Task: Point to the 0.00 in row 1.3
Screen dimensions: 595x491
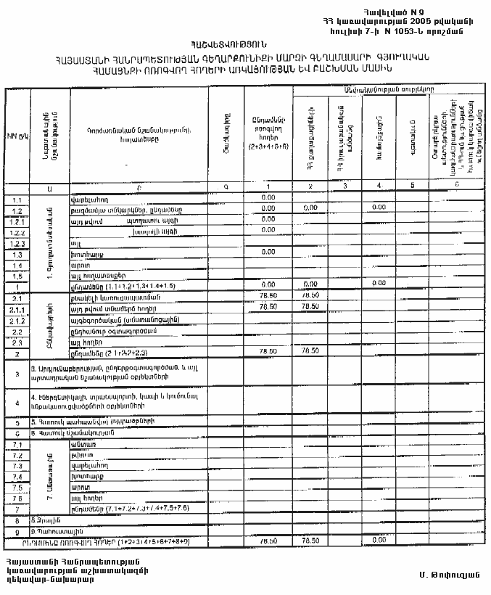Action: (x=268, y=253)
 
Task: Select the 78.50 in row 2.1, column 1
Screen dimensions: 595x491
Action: (x=268, y=296)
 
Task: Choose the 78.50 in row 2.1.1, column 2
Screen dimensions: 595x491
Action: (x=310, y=307)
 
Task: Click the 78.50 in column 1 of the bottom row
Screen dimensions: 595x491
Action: (x=268, y=541)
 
